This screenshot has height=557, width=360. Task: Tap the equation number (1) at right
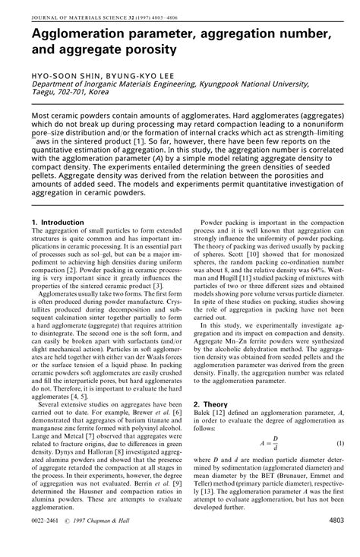point(340,464)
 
